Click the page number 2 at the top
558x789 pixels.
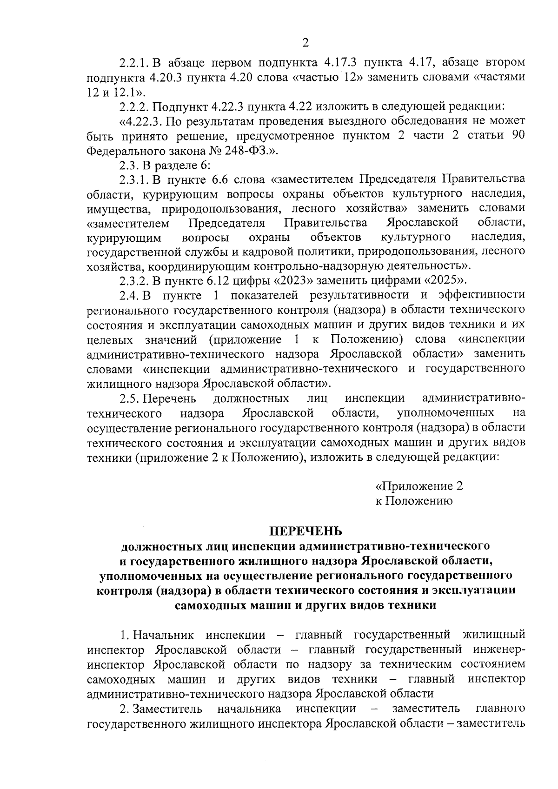(306, 43)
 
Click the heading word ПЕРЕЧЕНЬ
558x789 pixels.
(306, 530)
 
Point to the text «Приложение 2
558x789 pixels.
(419, 486)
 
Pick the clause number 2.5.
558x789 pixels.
(130, 398)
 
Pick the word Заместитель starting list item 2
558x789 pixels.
(167, 709)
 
